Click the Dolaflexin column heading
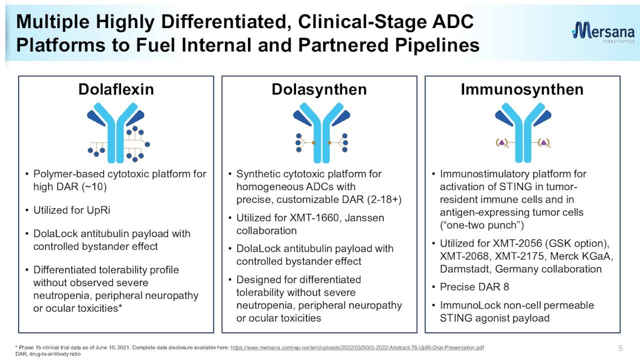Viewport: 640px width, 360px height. [x=116, y=89]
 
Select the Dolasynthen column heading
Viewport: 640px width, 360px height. [x=319, y=89]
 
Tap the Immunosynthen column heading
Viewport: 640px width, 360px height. [x=522, y=89]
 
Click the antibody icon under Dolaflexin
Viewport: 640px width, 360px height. [x=116, y=132]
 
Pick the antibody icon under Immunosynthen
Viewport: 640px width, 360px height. [x=522, y=132]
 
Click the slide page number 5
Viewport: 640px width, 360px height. [x=620, y=347]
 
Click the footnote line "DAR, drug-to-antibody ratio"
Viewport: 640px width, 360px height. [x=48, y=354]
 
